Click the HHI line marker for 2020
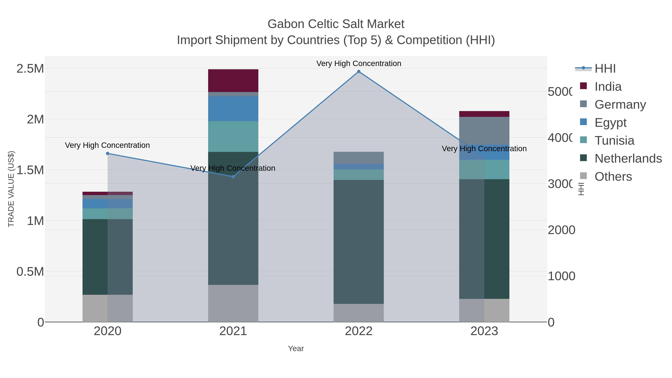[108, 154]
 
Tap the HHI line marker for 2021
[233, 177]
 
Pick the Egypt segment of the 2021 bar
[233, 109]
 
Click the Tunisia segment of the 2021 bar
[233, 136]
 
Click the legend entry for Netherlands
[628, 158]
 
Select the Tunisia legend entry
[614, 140]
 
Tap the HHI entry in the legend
[605, 69]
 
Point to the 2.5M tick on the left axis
[30, 69]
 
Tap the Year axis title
[296, 349]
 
